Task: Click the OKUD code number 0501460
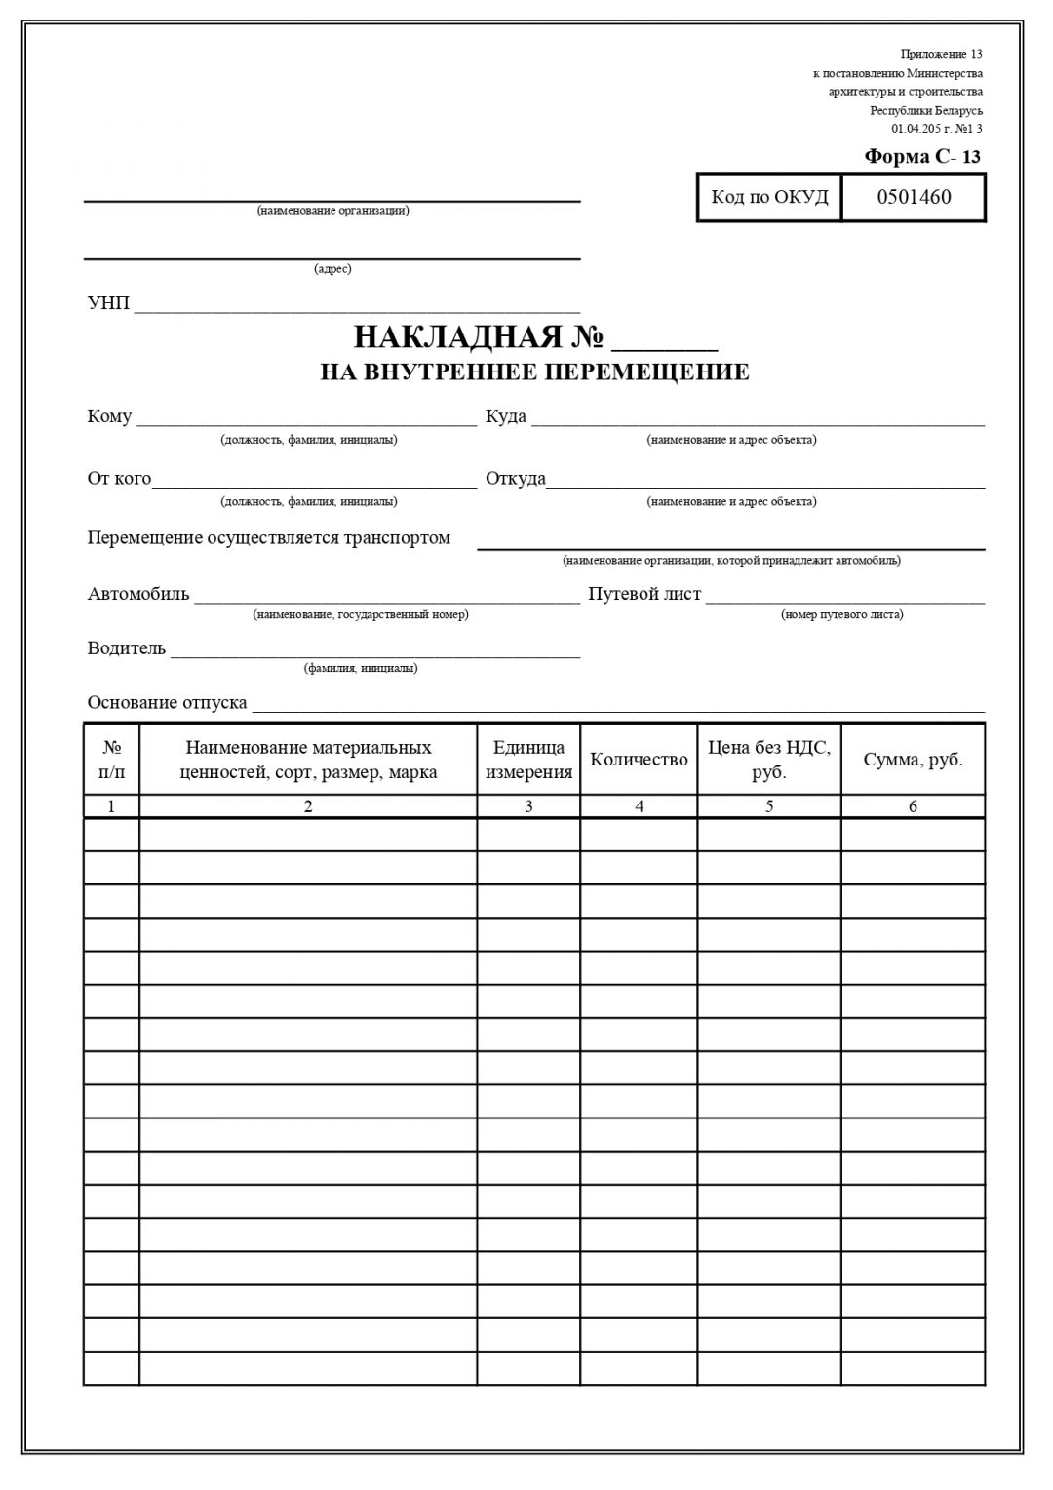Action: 914,197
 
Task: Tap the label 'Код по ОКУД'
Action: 769,197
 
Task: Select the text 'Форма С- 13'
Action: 922,157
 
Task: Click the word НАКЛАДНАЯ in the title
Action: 457,337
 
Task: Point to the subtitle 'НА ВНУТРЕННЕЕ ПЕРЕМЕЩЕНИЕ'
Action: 534,372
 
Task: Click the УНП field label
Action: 108,303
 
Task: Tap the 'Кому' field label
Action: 109,416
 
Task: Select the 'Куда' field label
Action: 506,416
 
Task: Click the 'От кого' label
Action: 119,479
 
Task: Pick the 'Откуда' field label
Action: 516,479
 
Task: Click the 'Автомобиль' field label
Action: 138,594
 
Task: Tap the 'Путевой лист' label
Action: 644,594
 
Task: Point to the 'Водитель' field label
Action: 127,648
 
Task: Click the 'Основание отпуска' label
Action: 167,703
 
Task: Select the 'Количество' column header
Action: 639,760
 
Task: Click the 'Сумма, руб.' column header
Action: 913,760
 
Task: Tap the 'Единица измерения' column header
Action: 528,760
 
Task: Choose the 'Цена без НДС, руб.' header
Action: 768,760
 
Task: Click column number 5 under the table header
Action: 769,806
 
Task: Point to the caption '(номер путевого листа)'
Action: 841,615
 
